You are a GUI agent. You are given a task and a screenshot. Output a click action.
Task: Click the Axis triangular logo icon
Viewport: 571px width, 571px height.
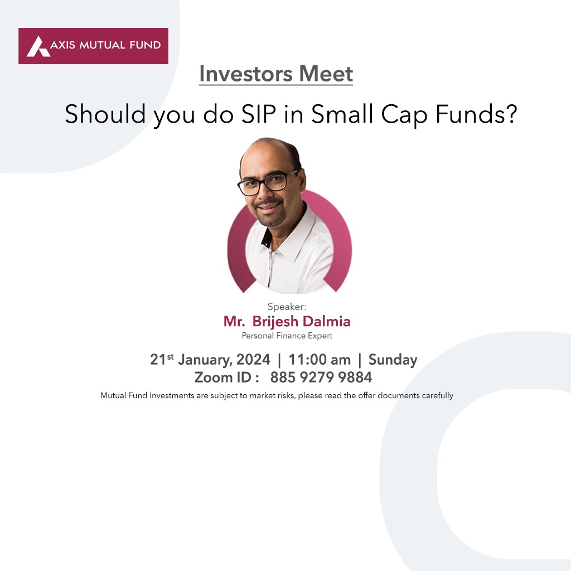[38, 46]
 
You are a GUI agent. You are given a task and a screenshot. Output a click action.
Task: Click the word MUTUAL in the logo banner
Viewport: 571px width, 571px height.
[98, 45]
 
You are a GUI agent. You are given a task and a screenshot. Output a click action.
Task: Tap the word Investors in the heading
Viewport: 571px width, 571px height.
[246, 74]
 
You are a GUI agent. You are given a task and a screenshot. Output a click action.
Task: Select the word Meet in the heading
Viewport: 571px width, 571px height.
[326, 74]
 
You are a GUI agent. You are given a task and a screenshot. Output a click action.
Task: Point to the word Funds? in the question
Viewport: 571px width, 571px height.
[476, 114]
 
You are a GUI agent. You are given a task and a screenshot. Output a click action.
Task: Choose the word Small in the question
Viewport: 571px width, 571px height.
[343, 114]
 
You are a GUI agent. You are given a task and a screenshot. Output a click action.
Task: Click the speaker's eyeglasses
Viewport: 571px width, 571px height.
[267, 183]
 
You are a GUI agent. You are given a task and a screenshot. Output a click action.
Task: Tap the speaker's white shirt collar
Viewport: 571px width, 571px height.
[291, 233]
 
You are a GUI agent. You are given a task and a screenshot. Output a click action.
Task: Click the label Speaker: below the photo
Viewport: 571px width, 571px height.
[287, 307]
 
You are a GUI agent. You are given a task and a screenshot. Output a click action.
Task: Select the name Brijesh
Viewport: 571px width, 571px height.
[275, 322]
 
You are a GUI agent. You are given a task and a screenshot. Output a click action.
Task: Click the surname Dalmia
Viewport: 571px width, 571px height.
[326, 321]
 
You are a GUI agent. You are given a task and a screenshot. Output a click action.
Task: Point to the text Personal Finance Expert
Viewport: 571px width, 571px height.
[287, 336]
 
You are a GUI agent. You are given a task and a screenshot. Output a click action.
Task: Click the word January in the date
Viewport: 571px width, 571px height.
[205, 360]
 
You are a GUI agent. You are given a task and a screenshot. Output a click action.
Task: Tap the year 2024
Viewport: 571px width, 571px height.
[253, 360]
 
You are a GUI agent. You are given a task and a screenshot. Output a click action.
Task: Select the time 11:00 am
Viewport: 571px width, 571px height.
[320, 360]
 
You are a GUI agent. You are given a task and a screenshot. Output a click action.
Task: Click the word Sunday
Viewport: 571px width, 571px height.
[393, 360]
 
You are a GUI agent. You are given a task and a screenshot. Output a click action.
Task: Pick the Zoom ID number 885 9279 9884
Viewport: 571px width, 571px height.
[321, 378]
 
